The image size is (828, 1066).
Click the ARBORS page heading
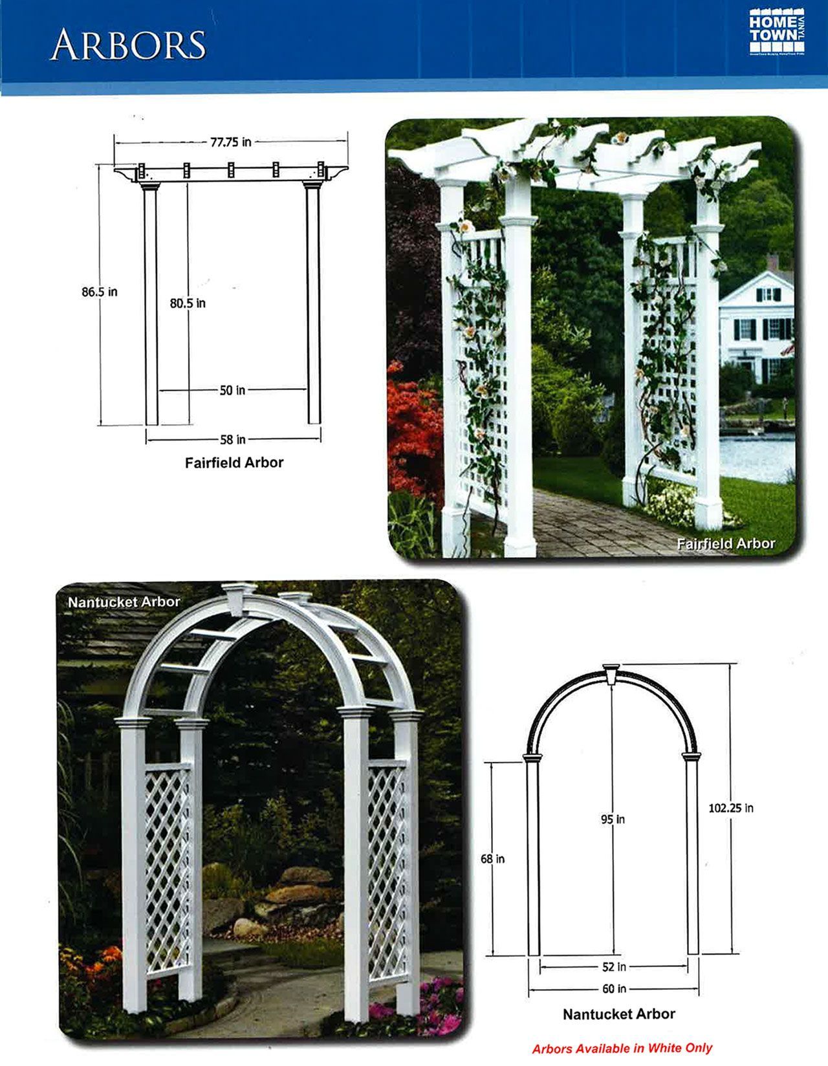127,45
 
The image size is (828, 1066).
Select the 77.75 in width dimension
231,142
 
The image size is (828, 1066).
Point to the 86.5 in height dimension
99,292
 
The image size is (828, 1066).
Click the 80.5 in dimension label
188,303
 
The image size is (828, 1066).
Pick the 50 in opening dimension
232,390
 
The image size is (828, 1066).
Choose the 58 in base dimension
232,440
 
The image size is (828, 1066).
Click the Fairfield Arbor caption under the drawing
234,462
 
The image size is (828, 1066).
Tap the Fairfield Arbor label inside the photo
725,543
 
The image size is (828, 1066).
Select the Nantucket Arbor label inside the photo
124,602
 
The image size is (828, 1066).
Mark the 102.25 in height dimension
730,808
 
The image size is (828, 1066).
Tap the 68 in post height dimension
492,859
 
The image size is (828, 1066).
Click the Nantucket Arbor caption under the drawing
618,1014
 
